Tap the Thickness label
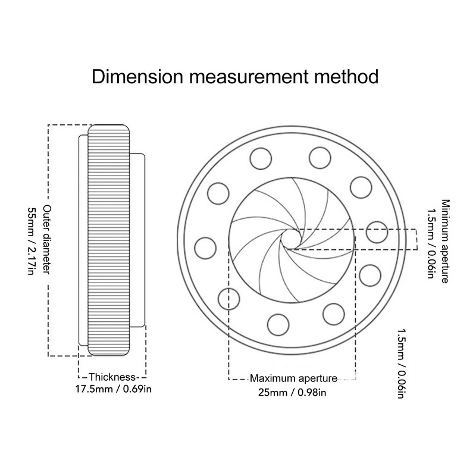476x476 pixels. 112,377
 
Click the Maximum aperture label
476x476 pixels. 293,378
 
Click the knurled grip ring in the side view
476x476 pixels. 109,240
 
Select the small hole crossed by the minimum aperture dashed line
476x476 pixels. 377,231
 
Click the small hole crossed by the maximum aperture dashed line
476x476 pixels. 230,296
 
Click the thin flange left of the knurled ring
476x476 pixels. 83,240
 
